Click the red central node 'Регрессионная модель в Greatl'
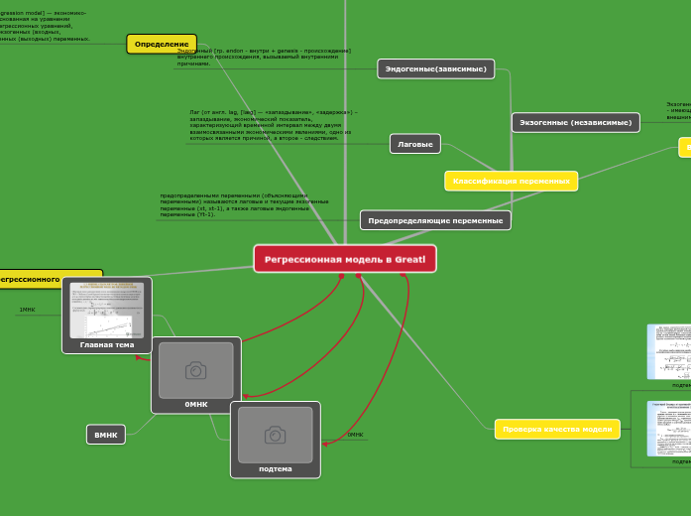click(344, 259)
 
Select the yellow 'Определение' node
click(162, 45)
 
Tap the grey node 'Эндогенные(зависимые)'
click(436, 68)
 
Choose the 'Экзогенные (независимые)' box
click(575, 122)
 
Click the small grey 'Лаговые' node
click(415, 144)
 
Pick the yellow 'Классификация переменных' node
click(511, 181)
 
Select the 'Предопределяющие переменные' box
click(435, 220)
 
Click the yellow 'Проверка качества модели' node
click(557, 429)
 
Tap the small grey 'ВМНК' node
click(106, 435)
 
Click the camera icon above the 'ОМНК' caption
click(195, 370)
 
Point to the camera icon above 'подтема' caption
click(275, 435)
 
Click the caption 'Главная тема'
click(107, 344)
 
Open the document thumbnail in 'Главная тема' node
click(107, 310)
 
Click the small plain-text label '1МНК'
click(27, 310)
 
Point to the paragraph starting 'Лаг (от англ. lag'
click(273, 125)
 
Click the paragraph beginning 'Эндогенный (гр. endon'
click(264, 57)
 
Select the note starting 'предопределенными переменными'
click(244, 205)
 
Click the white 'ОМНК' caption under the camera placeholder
click(196, 404)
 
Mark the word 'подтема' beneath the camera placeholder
click(276, 468)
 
